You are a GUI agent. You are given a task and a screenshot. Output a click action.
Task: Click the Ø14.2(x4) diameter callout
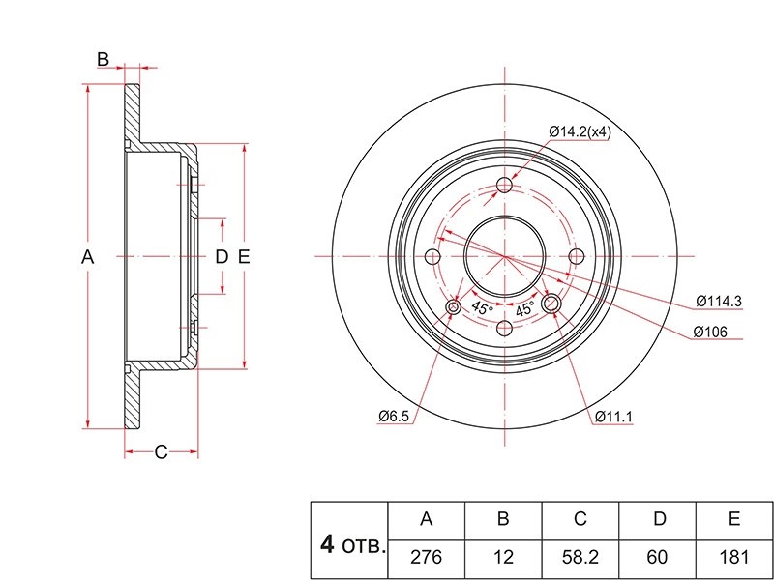click(x=580, y=131)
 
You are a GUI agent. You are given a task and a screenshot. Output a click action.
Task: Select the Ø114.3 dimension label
click(x=719, y=302)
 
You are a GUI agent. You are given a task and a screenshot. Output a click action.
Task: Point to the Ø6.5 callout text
click(x=394, y=417)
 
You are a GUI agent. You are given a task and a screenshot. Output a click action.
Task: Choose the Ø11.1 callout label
click(x=613, y=417)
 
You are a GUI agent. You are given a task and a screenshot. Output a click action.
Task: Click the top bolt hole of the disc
click(x=504, y=185)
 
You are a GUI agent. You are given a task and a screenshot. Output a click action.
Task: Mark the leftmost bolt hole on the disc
click(x=432, y=256)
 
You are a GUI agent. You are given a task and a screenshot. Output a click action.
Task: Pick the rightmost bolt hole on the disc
click(x=576, y=256)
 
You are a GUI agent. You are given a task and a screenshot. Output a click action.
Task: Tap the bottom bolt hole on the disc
click(x=504, y=328)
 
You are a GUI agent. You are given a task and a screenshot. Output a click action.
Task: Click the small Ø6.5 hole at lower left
click(x=453, y=307)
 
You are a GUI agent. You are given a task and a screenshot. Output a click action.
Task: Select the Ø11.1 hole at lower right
click(x=551, y=304)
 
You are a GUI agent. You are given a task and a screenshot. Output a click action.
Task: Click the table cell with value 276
click(x=427, y=558)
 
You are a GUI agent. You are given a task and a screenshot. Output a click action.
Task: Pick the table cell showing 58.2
click(x=580, y=558)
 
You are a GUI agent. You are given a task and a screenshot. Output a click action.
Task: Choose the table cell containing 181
click(x=734, y=558)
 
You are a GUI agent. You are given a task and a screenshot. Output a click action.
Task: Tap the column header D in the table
click(x=660, y=519)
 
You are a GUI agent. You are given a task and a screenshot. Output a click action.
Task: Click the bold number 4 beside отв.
click(x=327, y=545)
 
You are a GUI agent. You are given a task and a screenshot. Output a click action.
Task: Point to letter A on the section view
click(x=88, y=257)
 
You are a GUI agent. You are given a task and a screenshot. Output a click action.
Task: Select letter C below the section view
click(x=161, y=451)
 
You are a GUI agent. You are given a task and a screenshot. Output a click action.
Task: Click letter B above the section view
click(x=103, y=59)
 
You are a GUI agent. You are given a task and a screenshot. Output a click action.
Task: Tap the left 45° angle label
click(x=482, y=307)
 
